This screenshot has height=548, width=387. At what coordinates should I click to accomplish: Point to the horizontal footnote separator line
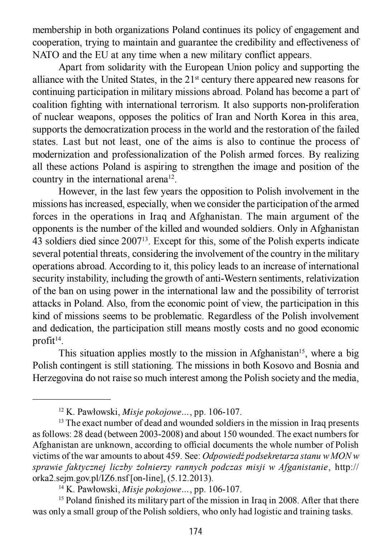point(72,399)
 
